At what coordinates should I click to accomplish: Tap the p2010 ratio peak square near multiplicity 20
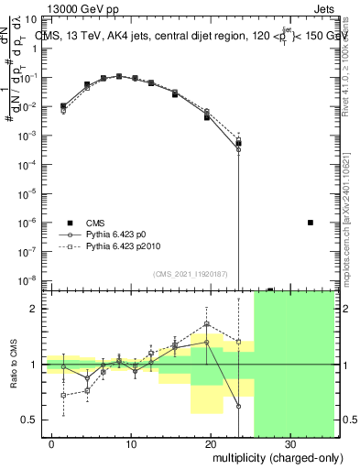[208, 324]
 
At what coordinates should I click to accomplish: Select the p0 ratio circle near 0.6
[238, 406]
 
